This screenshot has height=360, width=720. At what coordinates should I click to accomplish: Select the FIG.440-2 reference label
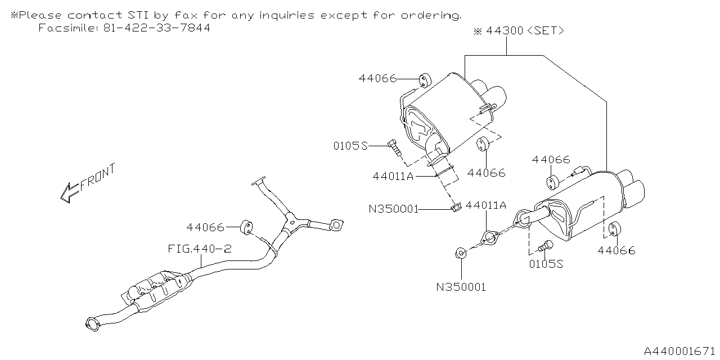[x=199, y=248]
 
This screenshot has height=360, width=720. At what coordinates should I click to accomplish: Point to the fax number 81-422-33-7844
[x=157, y=28]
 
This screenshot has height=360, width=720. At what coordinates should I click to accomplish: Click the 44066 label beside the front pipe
[x=205, y=227]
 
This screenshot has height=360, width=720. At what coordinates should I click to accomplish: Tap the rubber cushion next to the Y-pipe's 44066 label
[x=246, y=227]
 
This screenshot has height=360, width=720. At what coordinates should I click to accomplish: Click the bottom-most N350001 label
[x=461, y=287]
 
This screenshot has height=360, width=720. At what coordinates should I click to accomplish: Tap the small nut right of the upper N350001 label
[x=456, y=209]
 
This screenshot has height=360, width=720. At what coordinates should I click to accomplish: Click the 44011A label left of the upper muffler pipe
[x=393, y=176]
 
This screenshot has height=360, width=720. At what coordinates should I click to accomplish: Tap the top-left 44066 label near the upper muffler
[x=377, y=79]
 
